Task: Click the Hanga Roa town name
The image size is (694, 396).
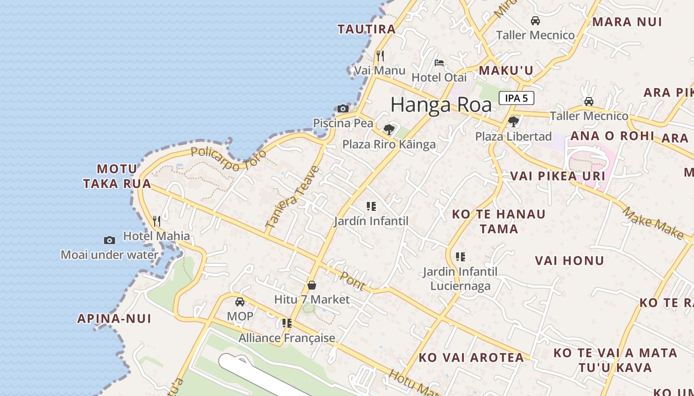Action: (441, 105)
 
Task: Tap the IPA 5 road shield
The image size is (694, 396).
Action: (516, 98)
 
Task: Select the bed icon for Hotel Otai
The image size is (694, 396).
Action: (439, 63)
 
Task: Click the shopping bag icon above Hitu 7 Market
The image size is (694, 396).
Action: (312, 285)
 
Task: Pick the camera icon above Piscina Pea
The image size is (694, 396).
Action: (343, 108)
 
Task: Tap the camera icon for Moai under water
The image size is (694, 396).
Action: (110, 240)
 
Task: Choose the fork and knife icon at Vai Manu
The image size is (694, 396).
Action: (380, 55)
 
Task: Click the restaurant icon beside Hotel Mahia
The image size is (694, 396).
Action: (157, 221)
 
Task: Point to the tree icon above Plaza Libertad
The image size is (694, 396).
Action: (514, 121)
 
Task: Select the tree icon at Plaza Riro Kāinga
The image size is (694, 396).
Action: (389, 130)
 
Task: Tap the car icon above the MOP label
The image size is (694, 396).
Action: (240, 301)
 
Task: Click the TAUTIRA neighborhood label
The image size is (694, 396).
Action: (367, 29)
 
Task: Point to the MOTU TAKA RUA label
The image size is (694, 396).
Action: (117, 176)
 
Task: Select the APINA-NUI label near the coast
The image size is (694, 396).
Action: (114, 318)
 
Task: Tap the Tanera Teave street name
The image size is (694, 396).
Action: (292, 197)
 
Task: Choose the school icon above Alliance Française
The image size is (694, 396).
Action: (287, 323)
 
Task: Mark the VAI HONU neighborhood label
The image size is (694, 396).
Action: (570, 260)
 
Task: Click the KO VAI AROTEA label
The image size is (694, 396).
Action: (471, 357)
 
